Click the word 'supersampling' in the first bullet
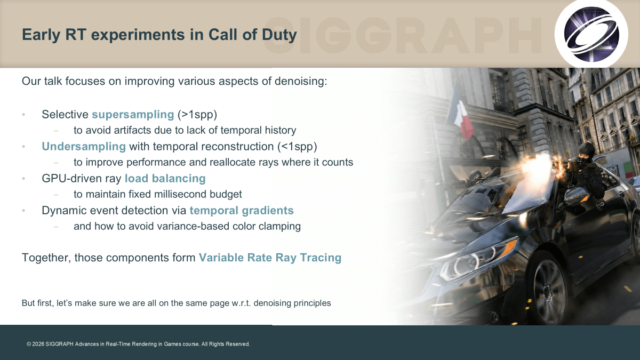point(133,115)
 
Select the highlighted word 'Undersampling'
point(84,147)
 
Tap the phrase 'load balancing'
point(165,179)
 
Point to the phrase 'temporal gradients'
point(242,211)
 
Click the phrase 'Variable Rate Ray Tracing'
point(270,258)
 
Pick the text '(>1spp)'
point(197,115)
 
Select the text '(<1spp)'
point(297,147)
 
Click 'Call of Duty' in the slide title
point(253,35)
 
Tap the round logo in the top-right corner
point(591,34)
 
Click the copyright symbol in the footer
point(29,345)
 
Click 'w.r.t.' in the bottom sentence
point(241,303)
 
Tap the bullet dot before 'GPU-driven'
point(23,179)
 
